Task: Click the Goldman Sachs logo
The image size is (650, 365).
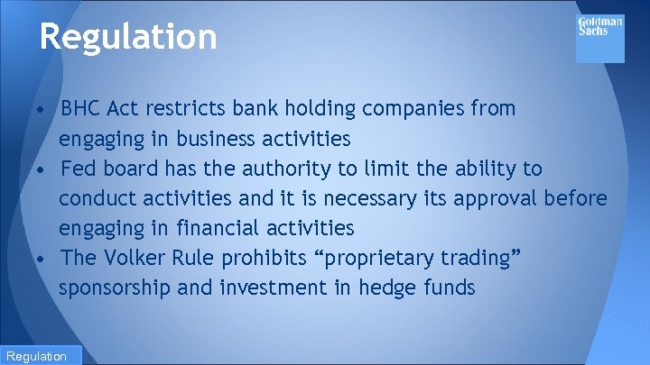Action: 599,38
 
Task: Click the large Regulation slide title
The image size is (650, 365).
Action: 128,37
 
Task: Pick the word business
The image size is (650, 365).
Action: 218,139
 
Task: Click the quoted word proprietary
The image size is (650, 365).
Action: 378,259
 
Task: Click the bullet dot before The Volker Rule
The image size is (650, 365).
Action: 42,259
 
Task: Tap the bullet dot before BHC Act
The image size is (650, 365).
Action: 42,110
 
